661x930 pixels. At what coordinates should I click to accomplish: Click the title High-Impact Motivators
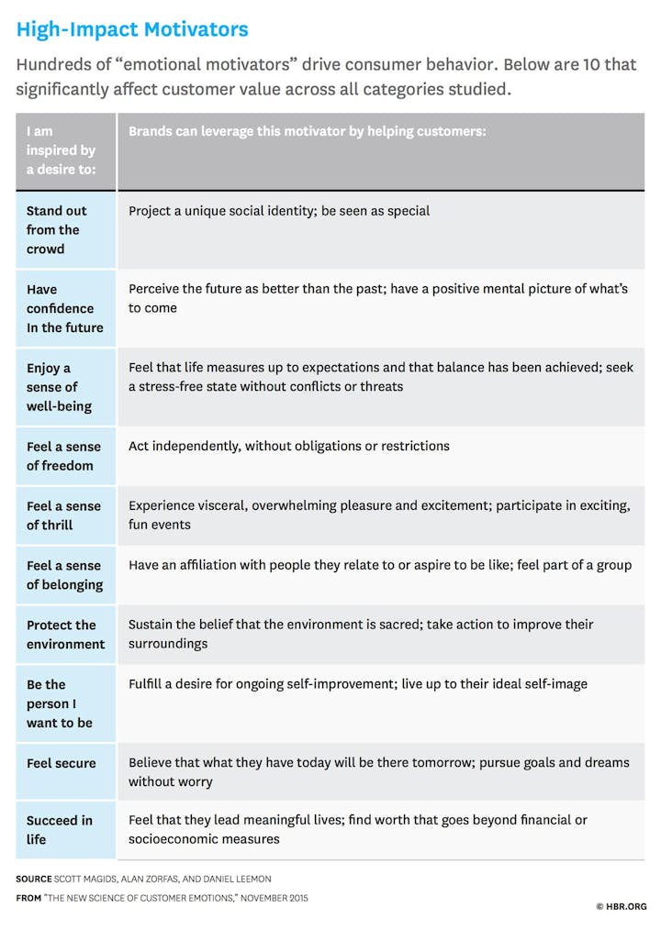tap(132, 29)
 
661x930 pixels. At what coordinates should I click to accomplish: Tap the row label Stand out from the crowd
tap(57, 229)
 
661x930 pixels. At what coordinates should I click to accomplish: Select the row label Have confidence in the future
tap(64, 308)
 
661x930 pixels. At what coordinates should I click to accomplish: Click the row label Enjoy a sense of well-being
tap(59, 387)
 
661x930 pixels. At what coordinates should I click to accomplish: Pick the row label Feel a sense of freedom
tap(63, 456)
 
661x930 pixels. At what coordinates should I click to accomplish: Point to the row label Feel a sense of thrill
tap(63, 515)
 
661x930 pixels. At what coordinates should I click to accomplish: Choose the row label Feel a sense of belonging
tap(64, 575)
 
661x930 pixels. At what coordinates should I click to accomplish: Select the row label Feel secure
tap(61, 763)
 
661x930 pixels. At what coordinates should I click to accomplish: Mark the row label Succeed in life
tap(59, 829)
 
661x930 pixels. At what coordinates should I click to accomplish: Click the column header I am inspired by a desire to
tap(61, 150)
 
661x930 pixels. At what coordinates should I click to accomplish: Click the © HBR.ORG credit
tap(622, 906)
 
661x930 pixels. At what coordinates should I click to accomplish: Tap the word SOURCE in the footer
tap(34, 879)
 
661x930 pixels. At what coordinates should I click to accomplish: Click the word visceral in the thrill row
tap(222, 505)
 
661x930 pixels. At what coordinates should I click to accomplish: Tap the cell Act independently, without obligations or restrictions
tap(289, 447)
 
